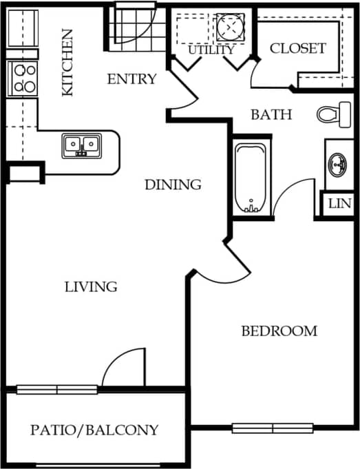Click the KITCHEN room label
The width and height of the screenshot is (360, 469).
click(67, 63)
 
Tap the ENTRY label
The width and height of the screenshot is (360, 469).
click(131, 79)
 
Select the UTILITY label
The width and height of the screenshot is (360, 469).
click(211, 50)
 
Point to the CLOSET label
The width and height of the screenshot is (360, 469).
click(297, 48)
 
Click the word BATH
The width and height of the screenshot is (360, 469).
click(271, 114)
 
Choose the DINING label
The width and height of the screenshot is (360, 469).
click(173, 185)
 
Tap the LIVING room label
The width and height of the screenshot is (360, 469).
click(91, 286)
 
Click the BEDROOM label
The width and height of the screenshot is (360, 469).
click(279, 331)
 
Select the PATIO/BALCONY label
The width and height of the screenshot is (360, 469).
click(95, 430)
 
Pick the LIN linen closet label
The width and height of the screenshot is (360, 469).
click(339, 204)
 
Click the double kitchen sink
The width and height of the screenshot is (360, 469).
click(82, 146)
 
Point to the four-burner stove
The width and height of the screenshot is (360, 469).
click(23, 78)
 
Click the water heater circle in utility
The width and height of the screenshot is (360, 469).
click(229, 25)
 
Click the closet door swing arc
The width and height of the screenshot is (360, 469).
click(257, 69)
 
